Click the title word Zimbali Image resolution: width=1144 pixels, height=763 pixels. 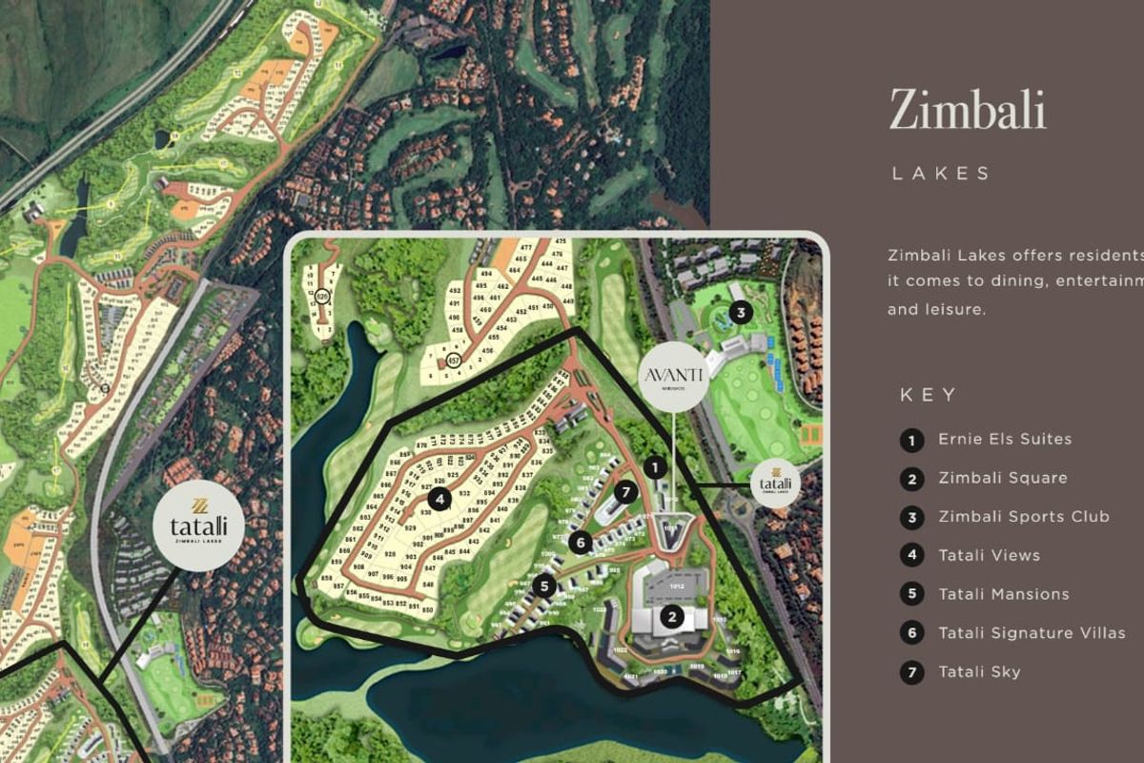[968, 110]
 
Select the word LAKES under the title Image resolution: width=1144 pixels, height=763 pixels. [942, 174]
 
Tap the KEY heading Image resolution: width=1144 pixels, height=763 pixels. [929, 395]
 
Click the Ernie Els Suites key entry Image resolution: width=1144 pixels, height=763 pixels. [1005, 440]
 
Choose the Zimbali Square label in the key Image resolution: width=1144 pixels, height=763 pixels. [1003, 479]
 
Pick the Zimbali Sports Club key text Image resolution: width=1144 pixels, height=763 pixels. [1024, 517]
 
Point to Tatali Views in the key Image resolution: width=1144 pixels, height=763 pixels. [989, 556]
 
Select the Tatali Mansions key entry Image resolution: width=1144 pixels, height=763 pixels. [1004, 594]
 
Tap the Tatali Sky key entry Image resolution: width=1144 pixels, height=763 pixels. [979, 672]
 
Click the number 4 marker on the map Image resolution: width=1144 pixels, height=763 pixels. [439, 498]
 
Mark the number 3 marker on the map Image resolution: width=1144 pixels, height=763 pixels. [739, 312]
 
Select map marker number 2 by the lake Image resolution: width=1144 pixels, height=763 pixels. [672, 616]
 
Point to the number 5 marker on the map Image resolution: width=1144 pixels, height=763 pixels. [544, 586]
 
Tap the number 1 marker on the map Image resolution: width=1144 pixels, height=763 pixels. [655, 467]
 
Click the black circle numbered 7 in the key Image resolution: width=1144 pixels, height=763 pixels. [912, 672]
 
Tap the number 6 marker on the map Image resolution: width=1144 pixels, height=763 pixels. [580, 542]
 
